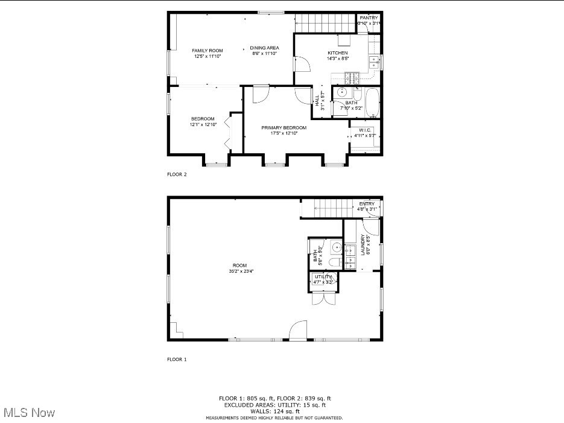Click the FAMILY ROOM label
[x=208, y=51]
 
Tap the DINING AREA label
[x=264, y=48]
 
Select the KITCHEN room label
[x=337, y=53]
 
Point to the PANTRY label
[x=369, y=18]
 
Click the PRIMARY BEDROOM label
[x=284, y=128]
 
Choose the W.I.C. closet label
[x=365, y=130]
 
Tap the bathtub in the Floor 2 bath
[x=372, y=103]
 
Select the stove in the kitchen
[x=352, y=77]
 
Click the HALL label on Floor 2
[x=317, y=100]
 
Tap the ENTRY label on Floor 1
[x=367, y=204]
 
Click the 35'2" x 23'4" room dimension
[x=241, y=271]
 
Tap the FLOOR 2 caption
[x=177, y=175]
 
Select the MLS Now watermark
[x=30, y=413]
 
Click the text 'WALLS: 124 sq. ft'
[x=274, y=411]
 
